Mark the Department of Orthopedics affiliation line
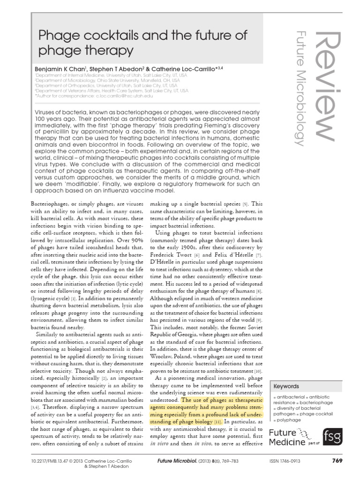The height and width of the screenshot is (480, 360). pyautogui.click(x=105, y=85)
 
